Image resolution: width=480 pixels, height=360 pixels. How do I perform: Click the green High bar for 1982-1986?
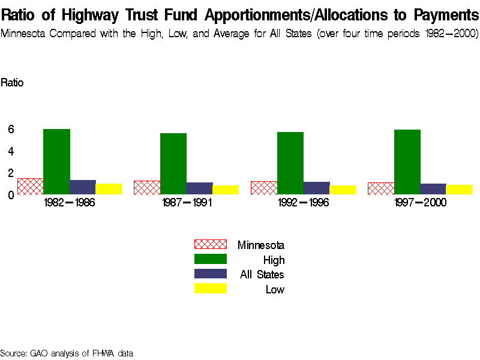(x=56, y=161)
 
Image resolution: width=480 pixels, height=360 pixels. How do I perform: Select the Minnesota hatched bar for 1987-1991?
(x=146, y=187)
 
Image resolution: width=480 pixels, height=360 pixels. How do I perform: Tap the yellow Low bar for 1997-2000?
(x=459, y=190)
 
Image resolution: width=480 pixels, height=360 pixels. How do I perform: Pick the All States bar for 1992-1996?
(x=316, y=188)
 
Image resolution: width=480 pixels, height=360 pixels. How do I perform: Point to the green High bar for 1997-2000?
(x=407, y=162)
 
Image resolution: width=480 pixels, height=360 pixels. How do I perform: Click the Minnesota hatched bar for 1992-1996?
(x=263, y=188)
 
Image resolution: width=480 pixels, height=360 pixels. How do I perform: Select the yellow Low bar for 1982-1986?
(x=109, y=189)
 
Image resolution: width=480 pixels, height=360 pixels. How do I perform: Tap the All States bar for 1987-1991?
(x=199, y=188)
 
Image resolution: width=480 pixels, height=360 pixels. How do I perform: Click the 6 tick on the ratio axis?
(x=11, y=129)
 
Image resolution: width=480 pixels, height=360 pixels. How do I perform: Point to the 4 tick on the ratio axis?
(x=11, y=151)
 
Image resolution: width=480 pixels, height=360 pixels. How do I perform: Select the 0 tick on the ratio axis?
(x=11, y=194)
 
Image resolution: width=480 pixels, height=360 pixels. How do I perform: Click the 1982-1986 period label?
(x=70, y=203)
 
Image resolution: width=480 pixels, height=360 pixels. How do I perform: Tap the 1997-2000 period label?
(x=420, y=203)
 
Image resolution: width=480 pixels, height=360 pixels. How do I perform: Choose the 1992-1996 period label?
(x=304, y=203)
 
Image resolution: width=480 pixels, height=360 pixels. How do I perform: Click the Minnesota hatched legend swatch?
(x=210, y=244)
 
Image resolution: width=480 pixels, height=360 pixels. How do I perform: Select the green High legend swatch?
(x=210, y=259)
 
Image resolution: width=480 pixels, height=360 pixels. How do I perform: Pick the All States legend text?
(x=262, y=275)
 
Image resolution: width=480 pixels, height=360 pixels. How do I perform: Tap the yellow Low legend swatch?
(x=210, y=289)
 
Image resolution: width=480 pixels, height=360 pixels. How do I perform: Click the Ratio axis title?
(x=12, y=83)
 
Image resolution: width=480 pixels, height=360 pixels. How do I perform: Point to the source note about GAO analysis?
(x=66, y=353)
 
